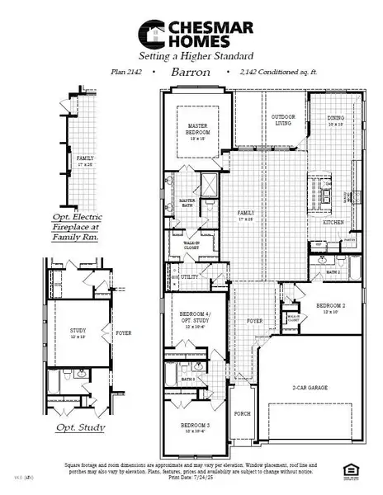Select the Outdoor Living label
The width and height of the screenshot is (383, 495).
(x=283, y=120)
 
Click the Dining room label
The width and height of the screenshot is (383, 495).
(x=336, y=120)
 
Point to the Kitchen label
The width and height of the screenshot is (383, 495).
(x=333, y=223)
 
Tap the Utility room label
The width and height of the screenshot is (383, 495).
(x=190, y=277)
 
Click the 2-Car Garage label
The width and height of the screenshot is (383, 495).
(x=310, y=386)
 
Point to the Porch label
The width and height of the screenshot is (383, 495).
(x=242, y=414)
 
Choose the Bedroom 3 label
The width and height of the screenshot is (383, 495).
(x=195, y=427)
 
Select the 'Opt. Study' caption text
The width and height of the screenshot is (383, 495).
(x=78, y=428)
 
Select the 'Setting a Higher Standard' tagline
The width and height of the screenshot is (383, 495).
(x=191, y=56)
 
